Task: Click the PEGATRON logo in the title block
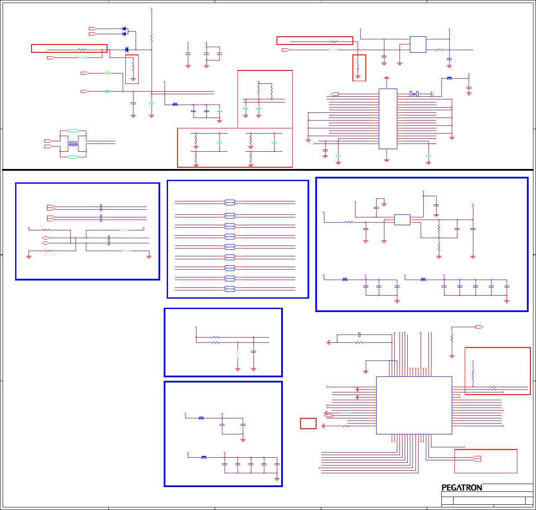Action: click(462, 488)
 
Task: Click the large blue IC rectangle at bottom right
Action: click(414, 405)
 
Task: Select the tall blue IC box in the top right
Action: click(388, 119)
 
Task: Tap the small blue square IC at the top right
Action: click(418, 45)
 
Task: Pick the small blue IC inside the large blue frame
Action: click(402, 220)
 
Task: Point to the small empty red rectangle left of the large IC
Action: click(308, 424)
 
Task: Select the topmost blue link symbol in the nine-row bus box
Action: click(230, 202)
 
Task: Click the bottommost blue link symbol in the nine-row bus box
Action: click(230, 289)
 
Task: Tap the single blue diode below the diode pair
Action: click(127, 50)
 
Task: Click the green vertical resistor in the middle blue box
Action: click(238, 354)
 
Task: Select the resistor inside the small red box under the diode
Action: click(133, 67)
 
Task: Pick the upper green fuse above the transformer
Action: click(73, 131)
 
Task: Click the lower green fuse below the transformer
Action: click(73, 157)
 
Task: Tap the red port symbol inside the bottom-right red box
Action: click(477, 459)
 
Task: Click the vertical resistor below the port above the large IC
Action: click(452, 339)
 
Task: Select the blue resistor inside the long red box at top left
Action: click(82, 50)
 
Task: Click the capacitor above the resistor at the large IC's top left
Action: click(359, 335)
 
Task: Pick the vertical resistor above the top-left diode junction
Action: click(152, 38)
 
